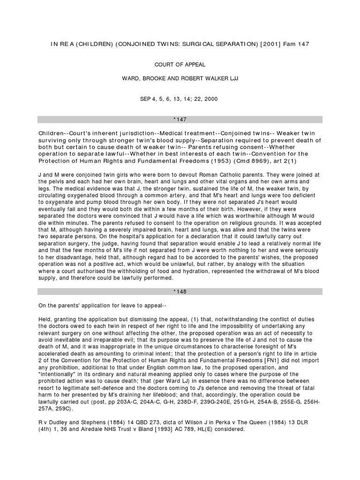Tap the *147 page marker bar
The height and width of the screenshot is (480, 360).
pos(180,120)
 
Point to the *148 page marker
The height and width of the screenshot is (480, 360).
pos(180,291)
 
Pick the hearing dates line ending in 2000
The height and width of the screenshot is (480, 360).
pos(180,99)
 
